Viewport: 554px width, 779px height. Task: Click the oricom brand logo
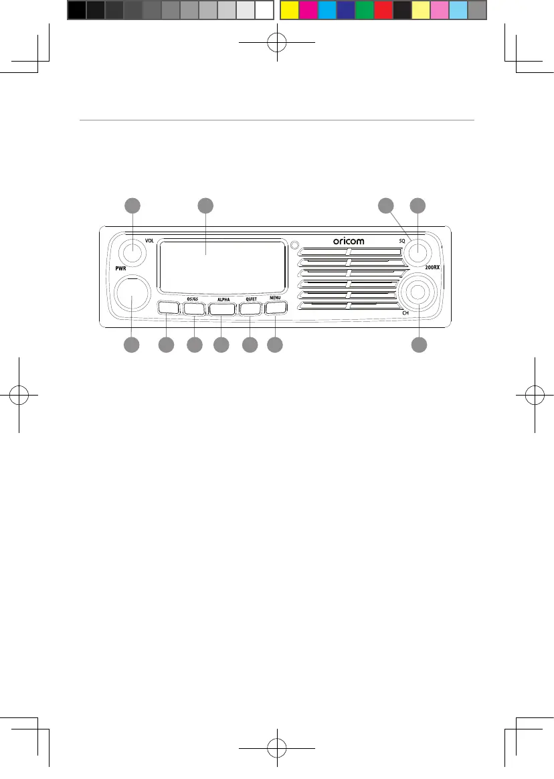(349, 241)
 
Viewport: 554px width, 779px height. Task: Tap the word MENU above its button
(275, 298)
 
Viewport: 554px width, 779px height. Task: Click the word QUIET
(251, 298)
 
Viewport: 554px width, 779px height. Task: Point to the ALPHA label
(223, 298)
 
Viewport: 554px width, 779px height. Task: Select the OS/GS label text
(192, 298)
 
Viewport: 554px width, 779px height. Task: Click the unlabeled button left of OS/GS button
(168, 309)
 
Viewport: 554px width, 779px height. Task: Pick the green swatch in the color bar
(365, 10)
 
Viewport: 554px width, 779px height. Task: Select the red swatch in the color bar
(383, 10)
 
